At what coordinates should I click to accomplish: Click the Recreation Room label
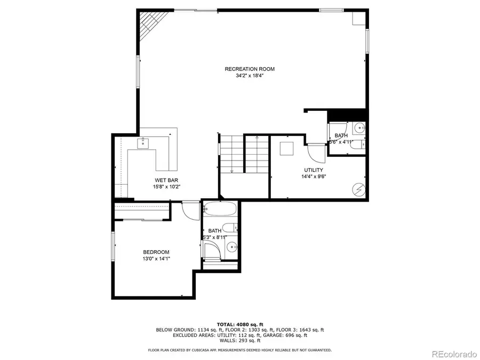(250, 69)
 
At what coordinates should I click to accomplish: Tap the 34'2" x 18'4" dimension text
(250, 76)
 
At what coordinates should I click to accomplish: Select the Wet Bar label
(166, 180)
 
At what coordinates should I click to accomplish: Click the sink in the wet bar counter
(143, 143)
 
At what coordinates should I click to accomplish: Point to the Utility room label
(314, 170)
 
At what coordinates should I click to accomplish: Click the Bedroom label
(156, 252)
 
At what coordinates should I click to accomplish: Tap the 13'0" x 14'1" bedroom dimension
(156, 259)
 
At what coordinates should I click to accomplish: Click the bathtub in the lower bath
(220, 209)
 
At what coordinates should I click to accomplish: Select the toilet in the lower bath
(229, 228)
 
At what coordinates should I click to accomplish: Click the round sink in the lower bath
(232, 246)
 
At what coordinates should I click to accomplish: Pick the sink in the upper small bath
(359, 127)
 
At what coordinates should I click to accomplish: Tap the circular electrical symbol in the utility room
(359, 190)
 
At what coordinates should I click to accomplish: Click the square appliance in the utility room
(286, 149)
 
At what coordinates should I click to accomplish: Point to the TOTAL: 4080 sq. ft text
(240, 324)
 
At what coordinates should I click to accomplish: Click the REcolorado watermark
(454, 354)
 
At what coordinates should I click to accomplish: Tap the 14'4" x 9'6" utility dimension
(314, 177)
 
